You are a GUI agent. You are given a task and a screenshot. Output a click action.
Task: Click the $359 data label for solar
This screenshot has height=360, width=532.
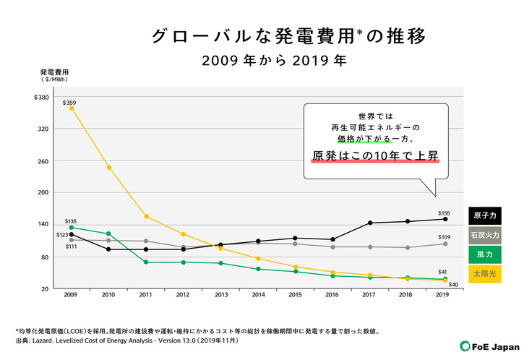[69, 103]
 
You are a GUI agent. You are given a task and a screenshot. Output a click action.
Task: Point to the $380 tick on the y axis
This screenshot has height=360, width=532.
[41, 98]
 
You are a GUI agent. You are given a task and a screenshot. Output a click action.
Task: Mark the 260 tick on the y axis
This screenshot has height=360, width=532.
[43, 161]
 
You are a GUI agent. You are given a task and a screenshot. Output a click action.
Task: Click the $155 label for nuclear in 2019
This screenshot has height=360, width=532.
[445, 213]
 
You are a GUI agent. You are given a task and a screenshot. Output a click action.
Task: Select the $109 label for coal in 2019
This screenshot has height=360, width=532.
[445, 237]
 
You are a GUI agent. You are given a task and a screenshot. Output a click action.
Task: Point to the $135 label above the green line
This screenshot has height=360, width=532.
[71, 221]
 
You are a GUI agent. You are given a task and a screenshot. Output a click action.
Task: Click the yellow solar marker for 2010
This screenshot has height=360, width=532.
[108, 168]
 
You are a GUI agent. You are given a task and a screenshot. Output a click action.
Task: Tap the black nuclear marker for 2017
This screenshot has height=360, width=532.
[370, 223]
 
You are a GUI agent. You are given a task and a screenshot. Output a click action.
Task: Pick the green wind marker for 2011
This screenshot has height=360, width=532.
[146, 262]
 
